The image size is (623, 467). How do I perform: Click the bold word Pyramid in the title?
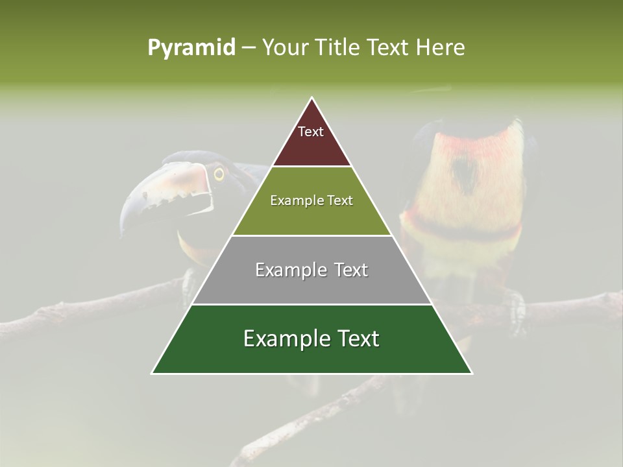(191, 47)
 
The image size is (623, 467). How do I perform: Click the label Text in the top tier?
(311, 132)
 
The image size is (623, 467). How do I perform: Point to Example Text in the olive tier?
(311, 200)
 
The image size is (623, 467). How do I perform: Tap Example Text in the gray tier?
(311, 270)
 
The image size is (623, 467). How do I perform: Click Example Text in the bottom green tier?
(311, 339)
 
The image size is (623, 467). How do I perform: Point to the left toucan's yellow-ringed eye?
(219, 174)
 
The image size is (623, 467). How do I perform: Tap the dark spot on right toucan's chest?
(465, 172)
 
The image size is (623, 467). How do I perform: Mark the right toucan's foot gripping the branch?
(516, 308)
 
